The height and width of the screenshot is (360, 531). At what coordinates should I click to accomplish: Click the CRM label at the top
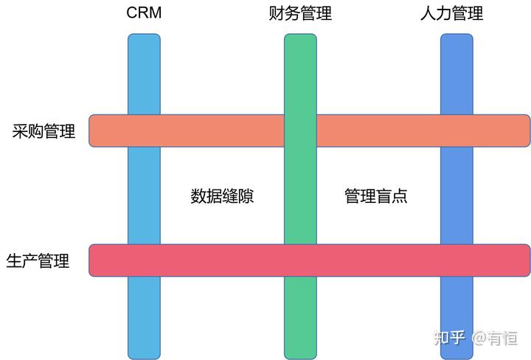(x=144, y=13)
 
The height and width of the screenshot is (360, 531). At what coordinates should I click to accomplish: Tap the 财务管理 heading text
(x=300, y=13)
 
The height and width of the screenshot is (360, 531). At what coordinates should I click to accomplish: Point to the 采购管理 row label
(x=44, y=132)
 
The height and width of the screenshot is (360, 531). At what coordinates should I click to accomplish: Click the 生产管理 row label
(x=38, y=261)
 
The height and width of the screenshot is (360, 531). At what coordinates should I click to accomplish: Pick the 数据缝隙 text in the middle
(x=222, y=196)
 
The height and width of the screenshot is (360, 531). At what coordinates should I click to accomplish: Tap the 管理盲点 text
(x=376, y=196)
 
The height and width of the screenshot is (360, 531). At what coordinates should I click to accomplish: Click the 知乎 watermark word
(x=449, y=338)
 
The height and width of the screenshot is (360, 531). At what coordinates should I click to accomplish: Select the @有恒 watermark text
(x=495, y=338)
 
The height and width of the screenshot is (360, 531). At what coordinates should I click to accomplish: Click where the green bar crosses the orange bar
(x=300, y=131)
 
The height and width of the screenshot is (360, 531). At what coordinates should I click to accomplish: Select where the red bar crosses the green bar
(x=300, y=260)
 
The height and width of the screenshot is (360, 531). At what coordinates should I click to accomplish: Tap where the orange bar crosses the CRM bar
(x=144, y=131)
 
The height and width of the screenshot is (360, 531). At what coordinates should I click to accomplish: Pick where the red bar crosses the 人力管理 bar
(x=457, y=260)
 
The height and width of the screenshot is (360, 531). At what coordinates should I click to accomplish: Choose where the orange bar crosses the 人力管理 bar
(x=457, y=131)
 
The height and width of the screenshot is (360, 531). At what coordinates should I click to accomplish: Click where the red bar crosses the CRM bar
(x=144, y=260)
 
